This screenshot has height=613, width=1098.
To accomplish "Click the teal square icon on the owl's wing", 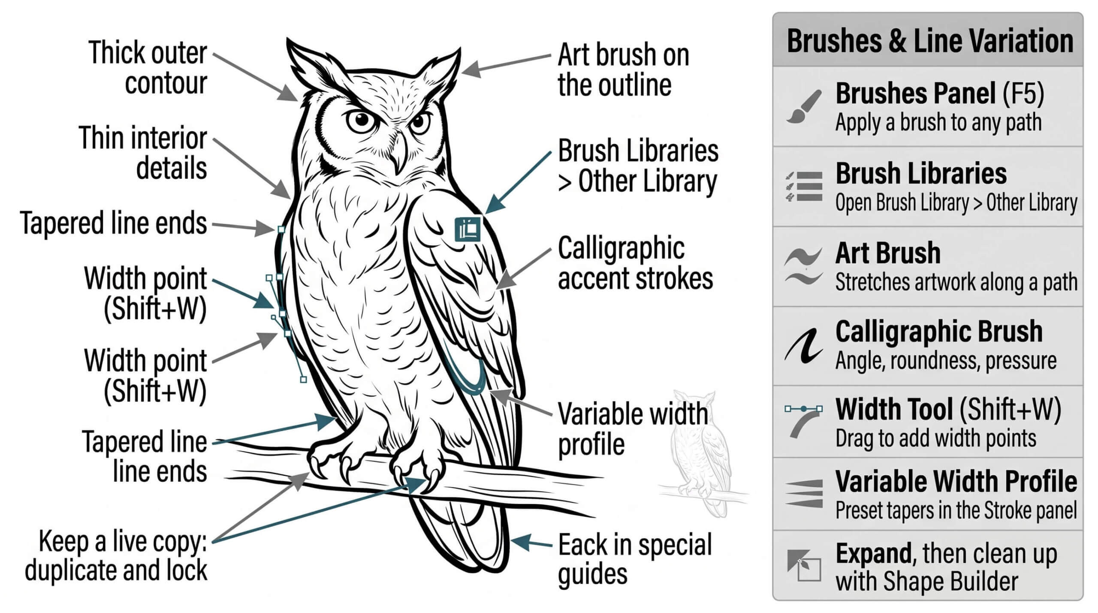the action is click(468, 229).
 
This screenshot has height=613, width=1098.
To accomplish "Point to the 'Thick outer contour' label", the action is click(148, 67).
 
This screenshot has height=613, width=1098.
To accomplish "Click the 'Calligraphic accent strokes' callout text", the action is click(635, 263).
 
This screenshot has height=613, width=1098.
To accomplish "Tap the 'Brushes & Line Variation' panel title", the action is click(930, 41).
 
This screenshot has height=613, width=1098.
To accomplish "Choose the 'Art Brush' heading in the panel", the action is click(888, 253).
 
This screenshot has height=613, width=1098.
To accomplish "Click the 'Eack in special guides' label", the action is click(635, 559).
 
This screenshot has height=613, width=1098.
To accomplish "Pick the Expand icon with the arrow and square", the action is click(804, 565).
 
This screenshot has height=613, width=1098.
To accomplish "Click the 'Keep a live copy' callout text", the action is click(116, 556).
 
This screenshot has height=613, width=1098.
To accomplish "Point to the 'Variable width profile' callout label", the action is click(633, 429).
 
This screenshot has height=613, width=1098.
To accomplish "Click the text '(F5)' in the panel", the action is click(1023, 94).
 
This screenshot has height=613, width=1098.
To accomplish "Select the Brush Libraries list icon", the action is click(804, 186).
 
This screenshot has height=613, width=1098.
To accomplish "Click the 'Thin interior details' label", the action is click(143, 153).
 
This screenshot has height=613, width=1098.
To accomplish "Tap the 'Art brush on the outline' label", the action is click(623, 69).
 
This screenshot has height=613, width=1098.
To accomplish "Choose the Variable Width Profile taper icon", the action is click(804, 494).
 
